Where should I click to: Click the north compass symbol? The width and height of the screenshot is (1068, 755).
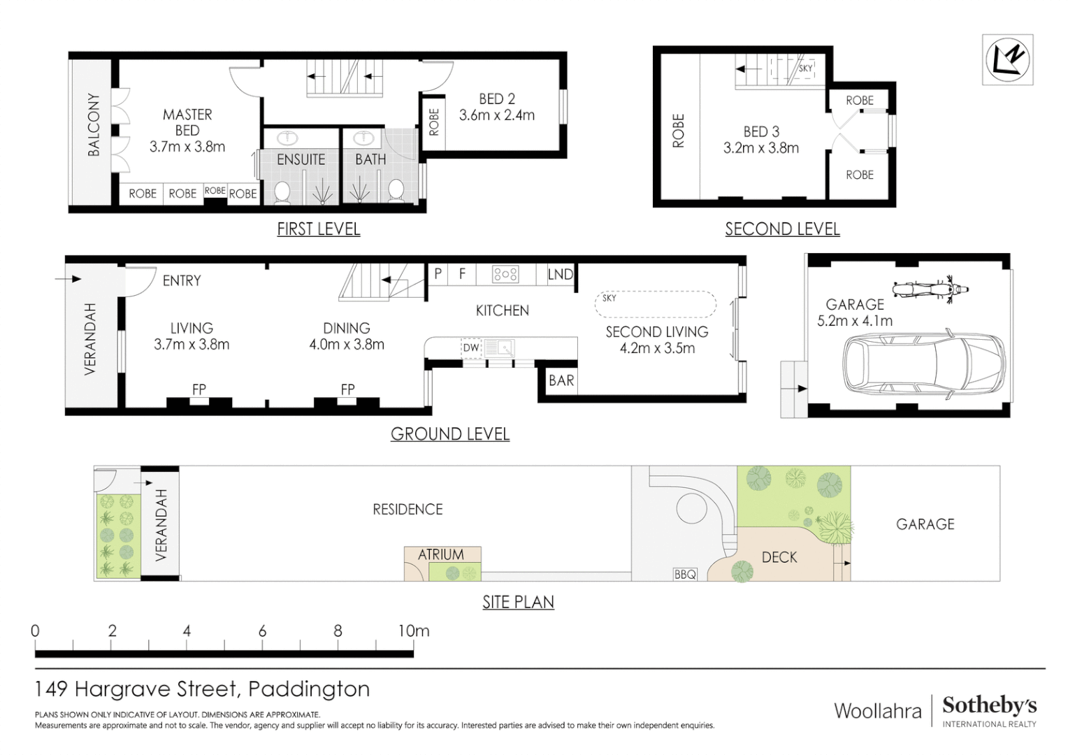(x=1007, y=60)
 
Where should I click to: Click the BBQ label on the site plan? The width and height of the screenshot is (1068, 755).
(x=685, y=574)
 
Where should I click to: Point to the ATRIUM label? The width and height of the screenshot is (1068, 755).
(x=441, y=554)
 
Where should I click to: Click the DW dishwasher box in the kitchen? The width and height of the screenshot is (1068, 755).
(x=471, y=347)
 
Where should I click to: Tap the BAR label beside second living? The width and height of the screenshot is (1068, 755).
(x=561, y=381)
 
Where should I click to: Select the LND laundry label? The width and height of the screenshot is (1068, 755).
(x=560, y=275)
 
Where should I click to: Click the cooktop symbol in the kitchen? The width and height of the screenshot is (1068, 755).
(x=505, y=274)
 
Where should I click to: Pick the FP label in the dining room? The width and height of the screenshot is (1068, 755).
(x=347, y=389)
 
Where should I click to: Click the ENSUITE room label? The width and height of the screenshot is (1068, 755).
(x=301, y=159)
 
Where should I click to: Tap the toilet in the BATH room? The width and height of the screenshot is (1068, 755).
(x=396, y=190)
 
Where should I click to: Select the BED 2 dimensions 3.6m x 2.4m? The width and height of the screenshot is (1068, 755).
(x=496, y=115)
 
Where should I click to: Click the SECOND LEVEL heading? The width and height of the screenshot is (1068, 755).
(x=782, y=229)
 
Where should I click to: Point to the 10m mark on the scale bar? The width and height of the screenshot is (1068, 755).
(x=414, y=631)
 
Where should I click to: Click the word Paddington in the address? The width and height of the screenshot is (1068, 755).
(x=309, y=689)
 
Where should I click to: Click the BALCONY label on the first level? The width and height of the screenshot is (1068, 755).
(x=93, y=124)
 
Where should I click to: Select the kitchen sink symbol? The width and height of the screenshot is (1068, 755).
(x=499, y=347)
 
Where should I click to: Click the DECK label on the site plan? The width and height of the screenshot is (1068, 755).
(x=779, y=557)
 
